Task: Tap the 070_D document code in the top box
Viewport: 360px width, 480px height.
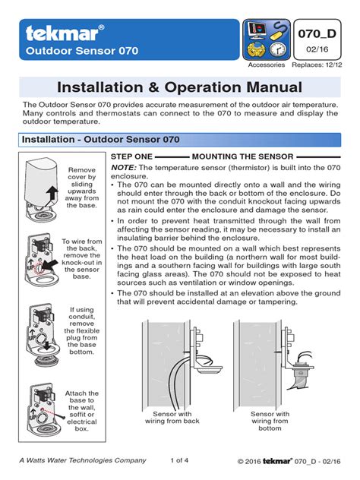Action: (x=317, y=33)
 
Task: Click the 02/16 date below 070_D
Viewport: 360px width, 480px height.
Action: (x=317, y=49)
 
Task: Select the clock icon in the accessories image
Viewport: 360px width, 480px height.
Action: (x=278, y=49)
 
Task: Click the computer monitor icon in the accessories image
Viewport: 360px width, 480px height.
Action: (x=256, y=30)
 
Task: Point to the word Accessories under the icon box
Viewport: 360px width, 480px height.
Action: (x=267, y=65)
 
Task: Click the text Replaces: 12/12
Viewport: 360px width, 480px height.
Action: (x=317, y=65)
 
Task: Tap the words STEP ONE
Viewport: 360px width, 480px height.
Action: (x=131, y=156)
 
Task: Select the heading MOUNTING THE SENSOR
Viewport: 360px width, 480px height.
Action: (x=242, y=156)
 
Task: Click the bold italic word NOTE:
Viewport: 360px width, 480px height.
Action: (x=123, y=168)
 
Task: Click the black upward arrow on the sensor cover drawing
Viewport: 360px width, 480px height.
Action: (x=52, y=194)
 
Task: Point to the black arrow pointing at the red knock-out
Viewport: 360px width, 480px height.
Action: (x=51, y=264)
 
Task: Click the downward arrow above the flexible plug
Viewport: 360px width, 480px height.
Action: (x=46, y=346)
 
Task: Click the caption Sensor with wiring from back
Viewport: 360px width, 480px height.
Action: (x=172, y=418)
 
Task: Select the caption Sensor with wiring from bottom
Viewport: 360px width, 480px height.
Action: (x=270, y=421)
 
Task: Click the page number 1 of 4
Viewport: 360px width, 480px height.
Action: (x=179, y=460)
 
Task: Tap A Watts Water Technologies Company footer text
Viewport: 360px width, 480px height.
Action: (x=83, y=460)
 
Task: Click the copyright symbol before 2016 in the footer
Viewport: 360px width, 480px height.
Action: (x=241, y=461)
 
